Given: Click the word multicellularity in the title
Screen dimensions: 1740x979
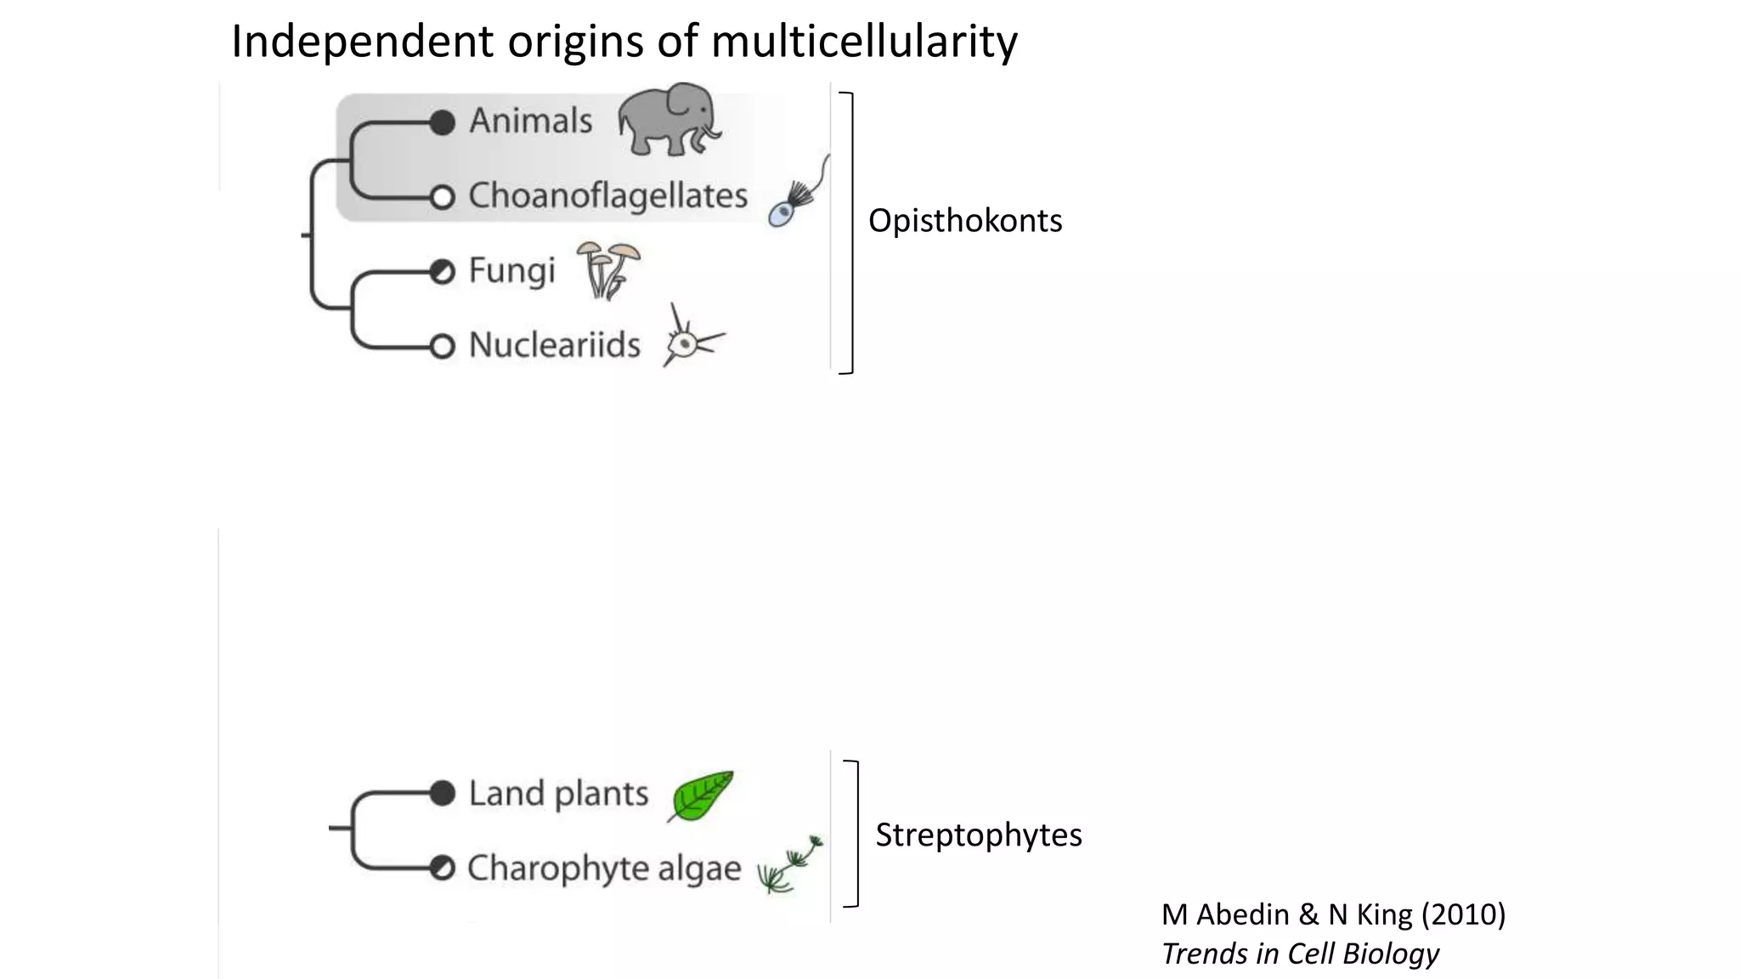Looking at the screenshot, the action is [864, 41].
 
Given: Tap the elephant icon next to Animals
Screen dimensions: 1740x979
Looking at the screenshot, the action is [669, 119].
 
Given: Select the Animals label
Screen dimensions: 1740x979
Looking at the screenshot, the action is [531, 121].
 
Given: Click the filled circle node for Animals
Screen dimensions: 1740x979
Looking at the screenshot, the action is [442, 122].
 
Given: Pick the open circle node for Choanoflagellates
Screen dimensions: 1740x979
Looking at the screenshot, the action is [442, 197].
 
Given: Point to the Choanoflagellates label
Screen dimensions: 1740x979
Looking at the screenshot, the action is [608, 195].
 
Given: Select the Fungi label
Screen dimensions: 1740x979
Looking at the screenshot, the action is [511, 271].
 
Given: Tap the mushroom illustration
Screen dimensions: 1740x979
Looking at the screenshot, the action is [608, 270].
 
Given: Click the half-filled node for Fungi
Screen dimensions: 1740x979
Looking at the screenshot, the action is [442, 272].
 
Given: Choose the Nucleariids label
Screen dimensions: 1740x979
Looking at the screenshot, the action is [555, 345].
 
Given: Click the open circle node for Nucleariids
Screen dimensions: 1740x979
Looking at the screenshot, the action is [442, 347].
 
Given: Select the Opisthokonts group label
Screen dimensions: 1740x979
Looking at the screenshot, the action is [965, 221].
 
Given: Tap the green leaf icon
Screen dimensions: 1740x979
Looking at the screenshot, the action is [701, 796].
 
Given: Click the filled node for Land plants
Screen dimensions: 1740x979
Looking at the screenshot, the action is [442, 793].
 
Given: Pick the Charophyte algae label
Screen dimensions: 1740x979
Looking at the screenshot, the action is [604, 869].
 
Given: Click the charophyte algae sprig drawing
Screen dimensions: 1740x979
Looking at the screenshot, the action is [790, 865].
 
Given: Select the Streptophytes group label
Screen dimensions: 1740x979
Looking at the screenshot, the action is [979, 835].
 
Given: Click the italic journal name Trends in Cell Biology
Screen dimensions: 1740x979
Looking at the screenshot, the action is [1300, 954].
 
